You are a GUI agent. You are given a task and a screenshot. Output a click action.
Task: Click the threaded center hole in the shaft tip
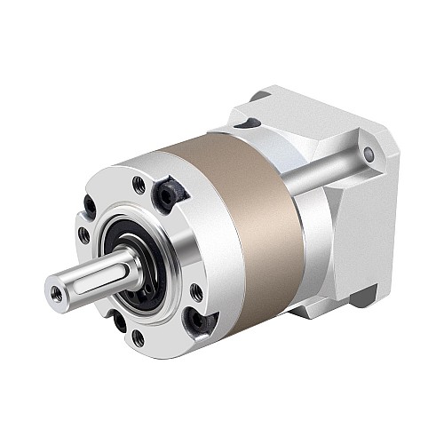coord(55,290)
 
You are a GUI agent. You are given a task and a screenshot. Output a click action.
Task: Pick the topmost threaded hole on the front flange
coord(139,185)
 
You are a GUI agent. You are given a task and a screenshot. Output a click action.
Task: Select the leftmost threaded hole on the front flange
coord(83,235)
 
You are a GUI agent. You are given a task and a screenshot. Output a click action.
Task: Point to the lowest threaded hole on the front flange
coord(138,337)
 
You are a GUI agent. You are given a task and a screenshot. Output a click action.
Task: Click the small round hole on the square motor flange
coord(369,155)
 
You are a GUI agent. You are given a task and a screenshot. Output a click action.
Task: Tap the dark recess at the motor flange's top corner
coord(259,95)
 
